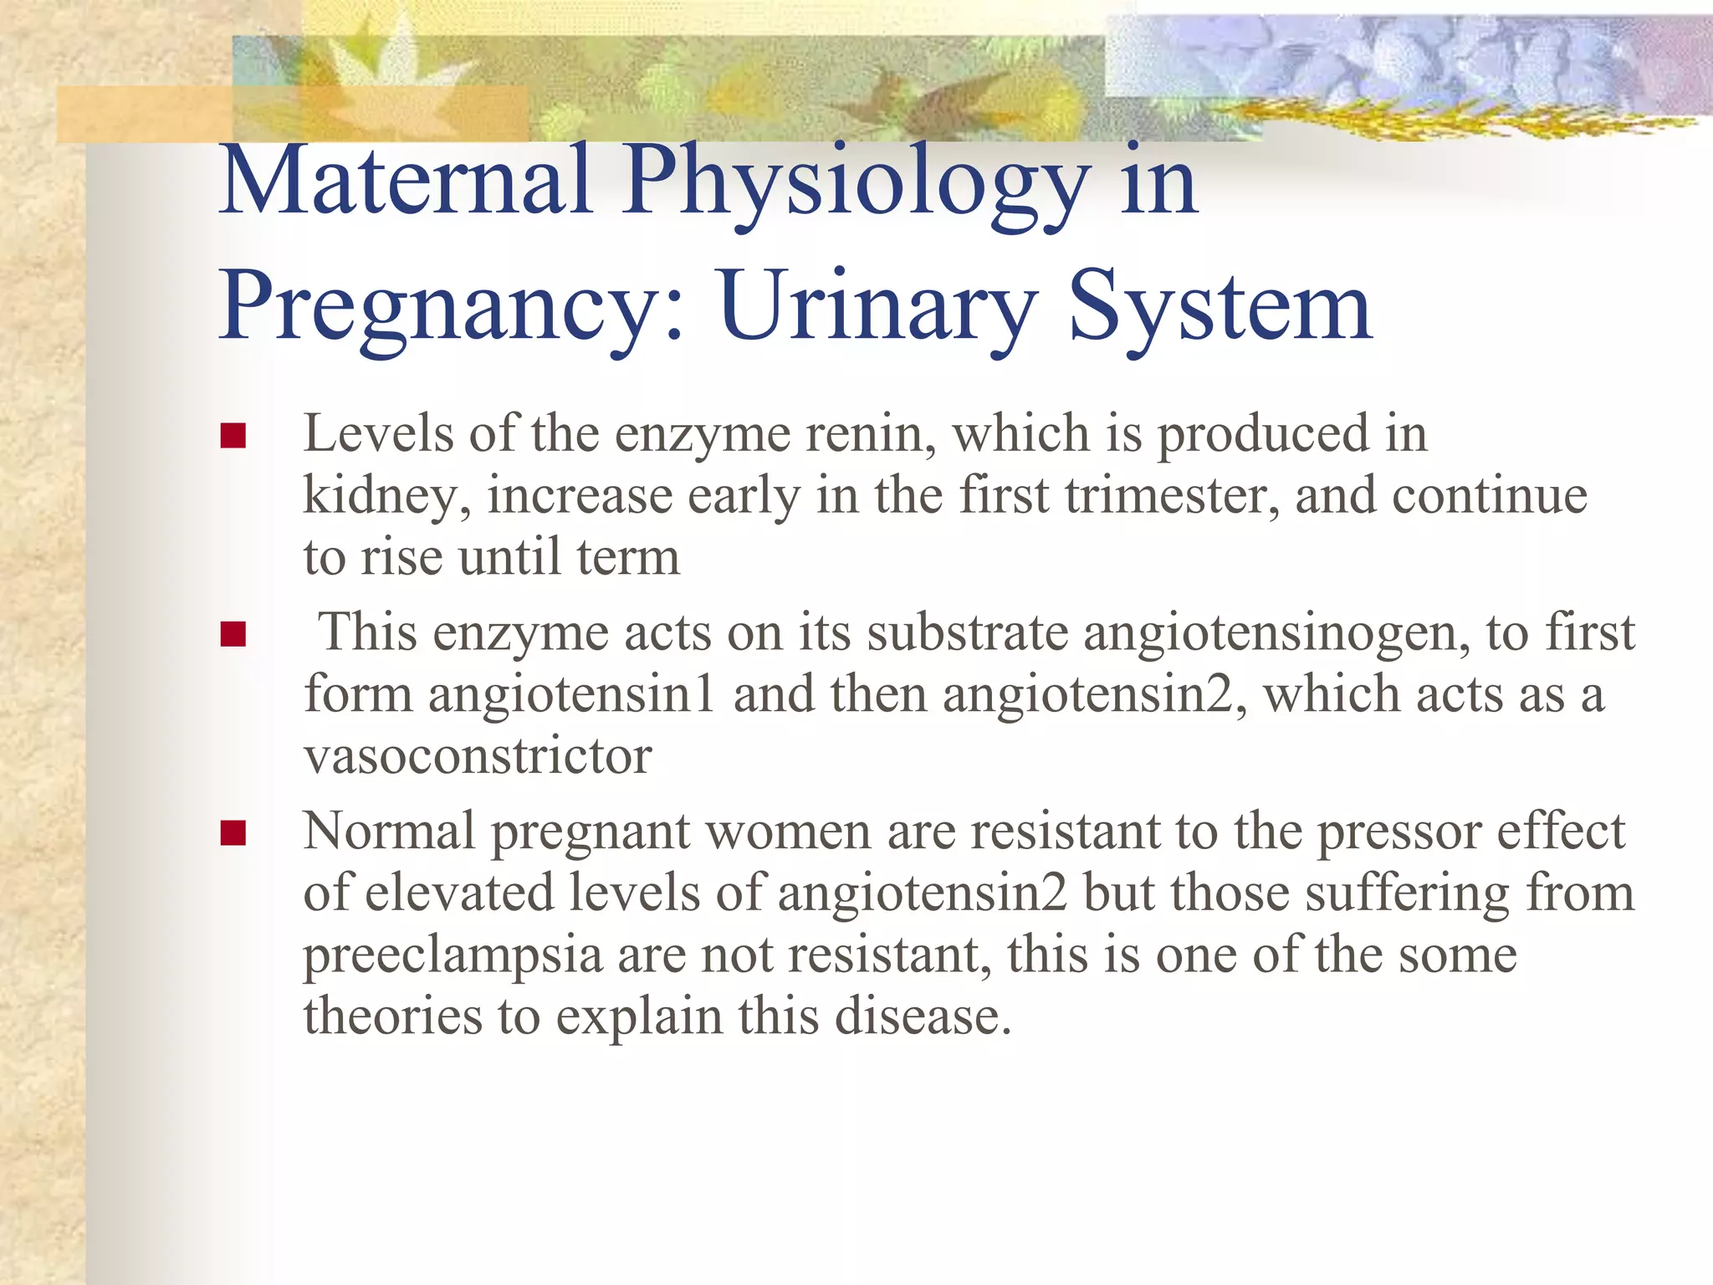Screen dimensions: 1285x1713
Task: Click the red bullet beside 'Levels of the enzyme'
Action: coord(233,436)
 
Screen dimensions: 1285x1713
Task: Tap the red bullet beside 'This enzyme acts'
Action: coord(233,634)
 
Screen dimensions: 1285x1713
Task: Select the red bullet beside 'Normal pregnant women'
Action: coord(233,832)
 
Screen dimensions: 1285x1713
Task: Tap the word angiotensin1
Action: coord(571,696)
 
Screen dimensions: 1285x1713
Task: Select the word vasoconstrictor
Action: coord(478,757)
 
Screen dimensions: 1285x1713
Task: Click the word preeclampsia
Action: coord(453,956)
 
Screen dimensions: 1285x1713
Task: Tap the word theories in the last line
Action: coord(392,1017)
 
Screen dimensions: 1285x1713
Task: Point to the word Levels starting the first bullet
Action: coord(378,435)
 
